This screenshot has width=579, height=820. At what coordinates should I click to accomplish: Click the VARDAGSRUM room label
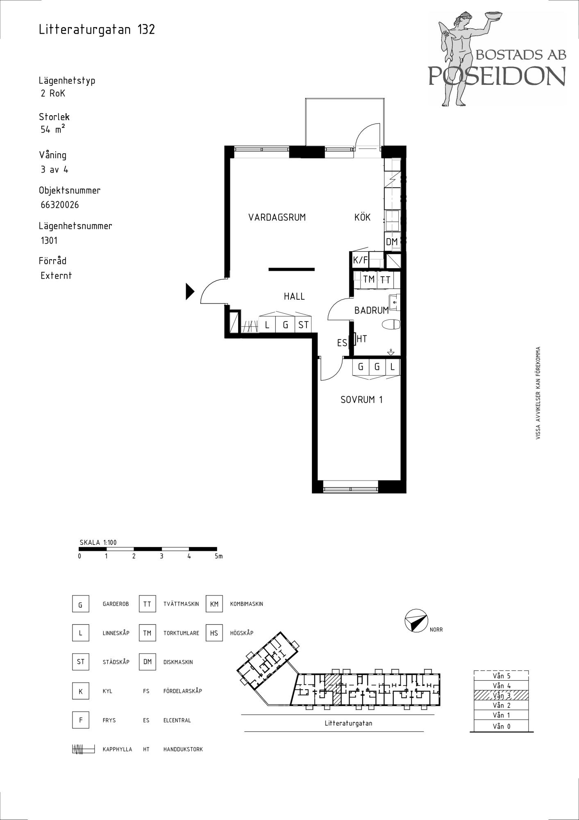[277, 217]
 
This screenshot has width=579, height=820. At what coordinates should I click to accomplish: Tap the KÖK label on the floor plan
[363, 217]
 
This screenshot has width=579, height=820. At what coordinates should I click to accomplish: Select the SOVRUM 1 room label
[362, 399]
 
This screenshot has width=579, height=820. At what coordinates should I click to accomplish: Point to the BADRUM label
[372, 310]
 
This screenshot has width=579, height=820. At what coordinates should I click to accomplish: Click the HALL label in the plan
[294, 296]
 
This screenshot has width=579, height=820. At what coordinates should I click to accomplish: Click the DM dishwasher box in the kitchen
[392, 241]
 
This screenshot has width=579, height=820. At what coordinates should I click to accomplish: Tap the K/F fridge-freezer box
[361, 260]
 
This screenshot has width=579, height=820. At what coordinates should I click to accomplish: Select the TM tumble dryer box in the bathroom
[369, 280]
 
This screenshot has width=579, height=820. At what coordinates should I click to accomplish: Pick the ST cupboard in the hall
[303, 325]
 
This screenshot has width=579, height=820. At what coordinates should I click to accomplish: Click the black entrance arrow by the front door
[190, 292]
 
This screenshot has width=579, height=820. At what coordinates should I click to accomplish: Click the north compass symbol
[416, 621]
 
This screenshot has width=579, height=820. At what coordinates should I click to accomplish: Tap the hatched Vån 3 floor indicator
[501, 695]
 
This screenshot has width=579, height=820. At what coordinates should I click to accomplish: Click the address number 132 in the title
[146, 30]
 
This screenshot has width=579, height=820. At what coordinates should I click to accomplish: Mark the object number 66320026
[60, 205]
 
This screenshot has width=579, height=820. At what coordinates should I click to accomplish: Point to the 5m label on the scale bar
[218, 556]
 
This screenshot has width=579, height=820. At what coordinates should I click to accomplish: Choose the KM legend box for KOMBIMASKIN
[214, 604]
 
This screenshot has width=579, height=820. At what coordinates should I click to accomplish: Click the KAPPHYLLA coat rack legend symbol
[84, 749]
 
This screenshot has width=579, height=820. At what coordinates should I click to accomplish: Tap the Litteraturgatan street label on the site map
[348, 723]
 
